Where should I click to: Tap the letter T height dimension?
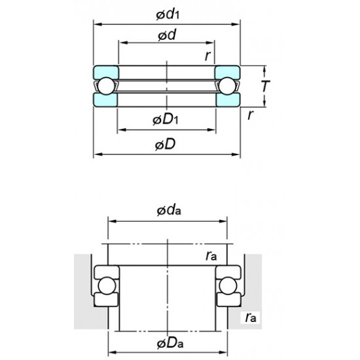(x=265, y=86)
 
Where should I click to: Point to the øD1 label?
(x=166, y=119)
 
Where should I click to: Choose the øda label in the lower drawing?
(x=169, y=211)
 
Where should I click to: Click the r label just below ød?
(x=207, y=56)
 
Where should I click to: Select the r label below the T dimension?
(x=251, y=115)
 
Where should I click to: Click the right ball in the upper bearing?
(x=226, y=86)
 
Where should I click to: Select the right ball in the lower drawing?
(x=228, y=286)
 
